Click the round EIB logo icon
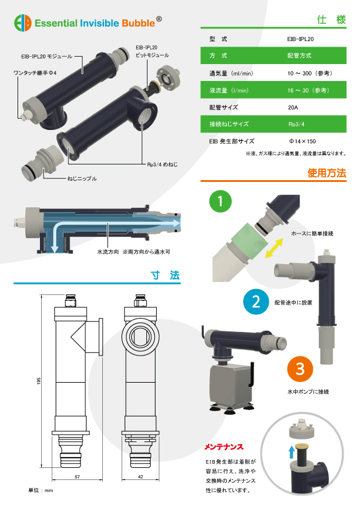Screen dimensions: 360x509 23,23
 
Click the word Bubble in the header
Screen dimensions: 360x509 139,24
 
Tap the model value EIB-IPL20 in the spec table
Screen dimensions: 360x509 300,39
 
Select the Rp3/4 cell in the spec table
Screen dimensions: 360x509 296,125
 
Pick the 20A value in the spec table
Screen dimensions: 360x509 293,108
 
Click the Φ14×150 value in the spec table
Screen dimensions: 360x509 302,141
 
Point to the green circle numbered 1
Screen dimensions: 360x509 220,201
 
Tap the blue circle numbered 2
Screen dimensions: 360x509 256,302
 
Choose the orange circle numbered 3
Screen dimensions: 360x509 300,369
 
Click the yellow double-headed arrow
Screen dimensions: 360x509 274,248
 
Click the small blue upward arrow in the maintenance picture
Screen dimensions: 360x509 292,452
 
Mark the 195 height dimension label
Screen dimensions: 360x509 39,381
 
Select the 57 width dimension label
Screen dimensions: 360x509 77,477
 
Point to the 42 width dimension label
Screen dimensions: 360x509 140,477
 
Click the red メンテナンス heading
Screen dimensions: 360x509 224,447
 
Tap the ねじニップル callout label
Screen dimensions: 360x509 82,178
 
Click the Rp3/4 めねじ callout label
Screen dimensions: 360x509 163,164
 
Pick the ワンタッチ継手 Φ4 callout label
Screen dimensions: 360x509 34,73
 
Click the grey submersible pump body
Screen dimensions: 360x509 231,387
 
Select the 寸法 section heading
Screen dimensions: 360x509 165,275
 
